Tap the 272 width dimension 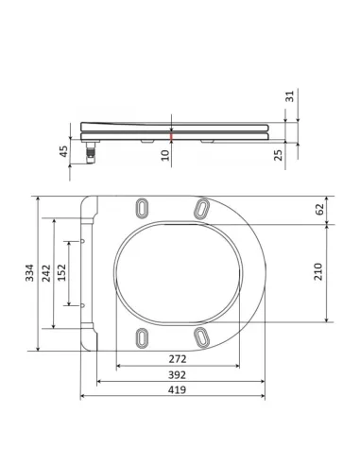[x=178, y=360]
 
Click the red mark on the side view [x=170, y=138]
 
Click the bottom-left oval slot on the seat [x=143, y=336]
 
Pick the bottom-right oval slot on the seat [x=200, y=336]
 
